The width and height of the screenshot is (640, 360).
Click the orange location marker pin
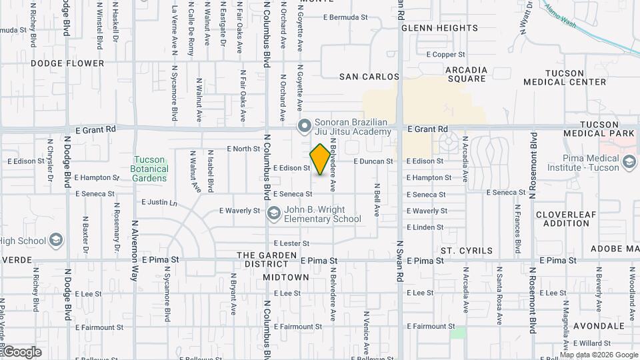pyautogui.click(x=320, y=159)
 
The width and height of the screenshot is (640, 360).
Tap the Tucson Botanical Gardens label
pyautogui.click(x=150, y=169)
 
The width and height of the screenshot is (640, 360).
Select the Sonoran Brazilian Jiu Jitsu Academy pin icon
pyautogui.click(x=305, y=126)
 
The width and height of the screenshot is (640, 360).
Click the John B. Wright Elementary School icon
pyautogui.click(x=273, y=213)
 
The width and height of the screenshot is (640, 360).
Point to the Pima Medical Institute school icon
pyautogui.click(x=629, y=162)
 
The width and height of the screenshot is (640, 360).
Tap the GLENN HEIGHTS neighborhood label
pyautogui.click(x=440, y=28)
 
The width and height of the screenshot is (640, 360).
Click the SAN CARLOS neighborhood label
pyautogui.click(x=369, y=77)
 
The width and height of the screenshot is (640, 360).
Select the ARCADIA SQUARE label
pyautogui.click(x=467, y=74)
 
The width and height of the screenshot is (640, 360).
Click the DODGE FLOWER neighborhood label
pyautogui.click(x=67, y=63)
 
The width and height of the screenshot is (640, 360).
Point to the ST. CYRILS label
pyautogui.click(x=466, y=251)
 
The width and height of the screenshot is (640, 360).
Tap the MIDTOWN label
pyautogui.click(x=286, y=277)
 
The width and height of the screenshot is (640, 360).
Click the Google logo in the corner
pyautogui.click(x=22, y=351)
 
